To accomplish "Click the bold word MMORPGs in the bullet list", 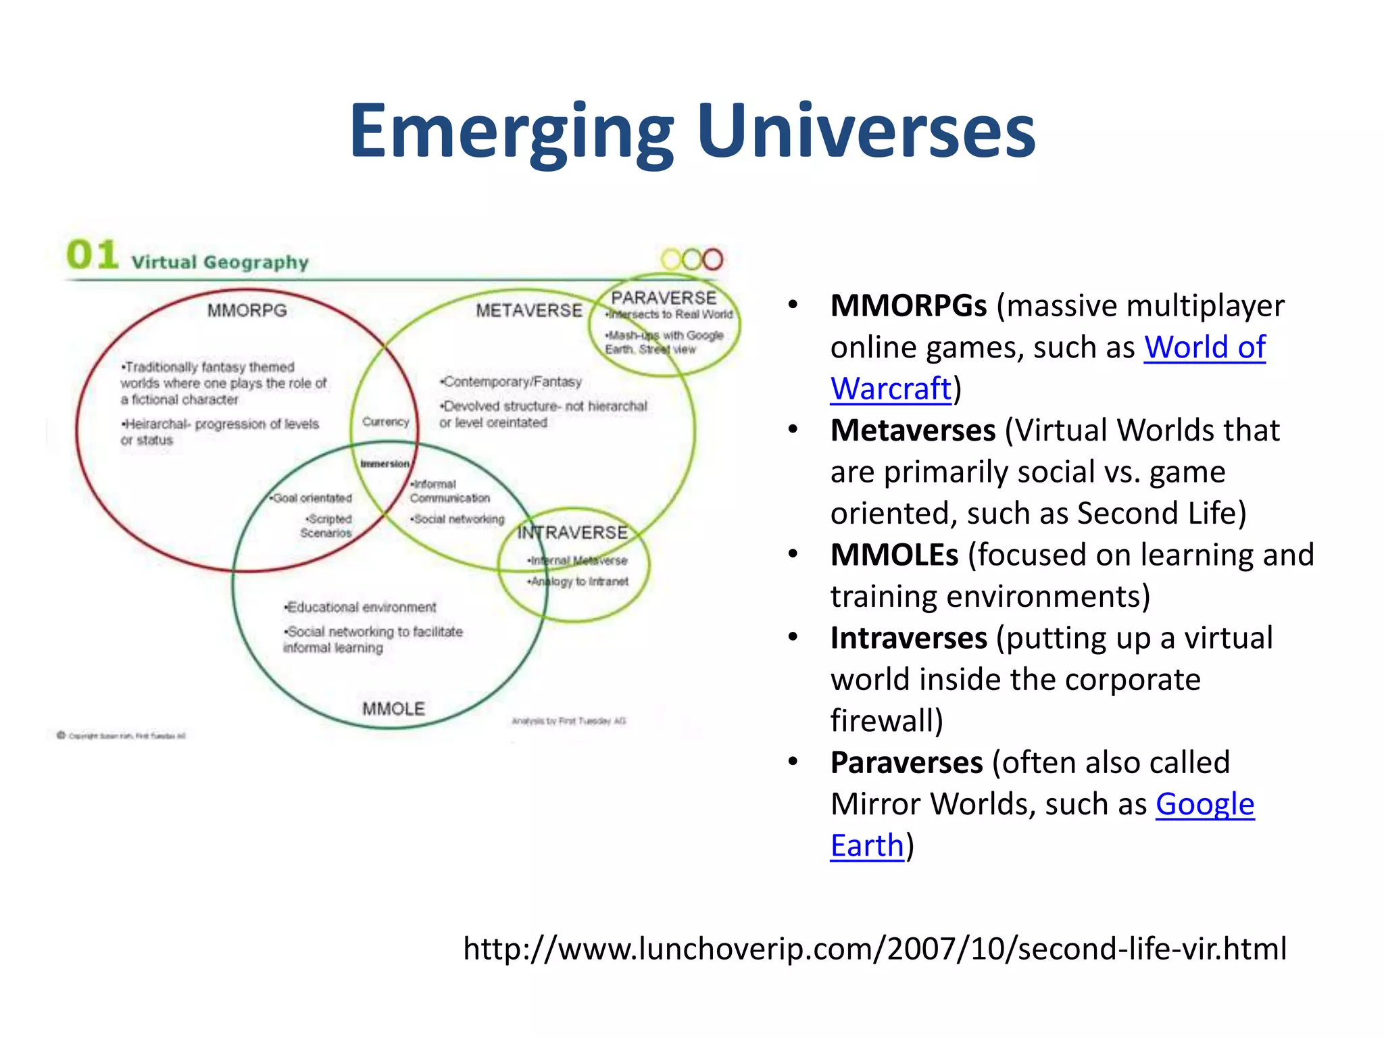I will coord(908,306).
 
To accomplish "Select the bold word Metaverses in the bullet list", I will coord(912,430).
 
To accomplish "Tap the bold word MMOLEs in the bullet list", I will coord(894,555).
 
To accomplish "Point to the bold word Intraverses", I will coord(908,639).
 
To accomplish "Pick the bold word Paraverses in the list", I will coord(906,763).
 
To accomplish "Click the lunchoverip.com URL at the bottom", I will coord(874,949).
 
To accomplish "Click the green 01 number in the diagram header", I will coord(93,255).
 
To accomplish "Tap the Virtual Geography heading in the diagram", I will coord(220,262).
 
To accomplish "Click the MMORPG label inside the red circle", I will coord(247,310).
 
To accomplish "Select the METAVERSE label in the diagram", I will coord(528,310).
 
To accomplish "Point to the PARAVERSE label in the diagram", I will coord(664,297).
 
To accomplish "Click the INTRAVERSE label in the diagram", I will coord(572,533).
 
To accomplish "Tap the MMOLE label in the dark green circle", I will coord(393,709).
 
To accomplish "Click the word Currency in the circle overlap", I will coord(385,422).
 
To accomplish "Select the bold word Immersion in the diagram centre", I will coord(385,464).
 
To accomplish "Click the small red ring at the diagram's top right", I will coord(712,259).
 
